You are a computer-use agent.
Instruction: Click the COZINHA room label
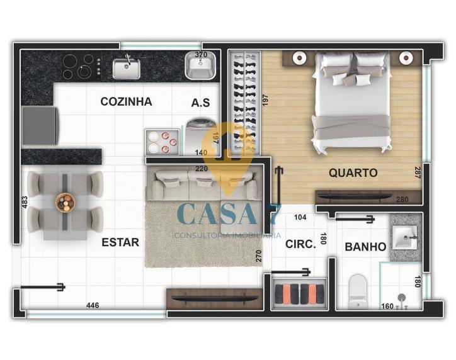coord(126,102)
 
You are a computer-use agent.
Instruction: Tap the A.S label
coord(200,103)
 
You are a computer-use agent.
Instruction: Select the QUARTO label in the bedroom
coord(353,173)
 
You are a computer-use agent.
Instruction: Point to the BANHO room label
coord(365,247)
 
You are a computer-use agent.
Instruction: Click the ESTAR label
coord(120,242)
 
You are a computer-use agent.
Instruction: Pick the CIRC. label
coord(300,244)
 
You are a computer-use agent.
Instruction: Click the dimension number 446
coord(93,305)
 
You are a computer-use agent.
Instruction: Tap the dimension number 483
coord(25,202)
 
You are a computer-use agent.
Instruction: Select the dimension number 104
coord(300,217)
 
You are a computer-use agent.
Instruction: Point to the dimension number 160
coord(387,307)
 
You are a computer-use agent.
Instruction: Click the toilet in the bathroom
coord(358,291)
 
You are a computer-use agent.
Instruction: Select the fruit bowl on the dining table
coord(66,201)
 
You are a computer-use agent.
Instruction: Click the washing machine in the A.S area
coord(201,136)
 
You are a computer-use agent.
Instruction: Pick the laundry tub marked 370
coord(200,65)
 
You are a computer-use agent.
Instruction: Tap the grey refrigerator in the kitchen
coord(40,125)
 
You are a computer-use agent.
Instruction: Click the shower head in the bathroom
coord(402,297)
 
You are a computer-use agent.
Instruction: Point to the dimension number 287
coord(418,172)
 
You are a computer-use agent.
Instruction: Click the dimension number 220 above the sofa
coord(202,169)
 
